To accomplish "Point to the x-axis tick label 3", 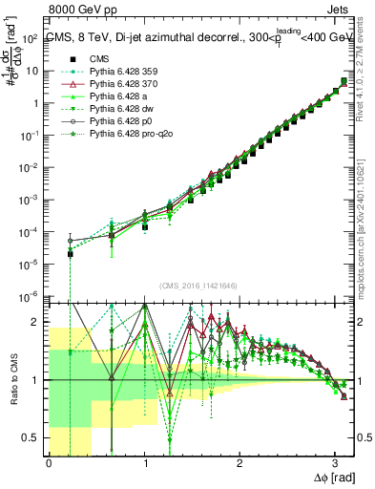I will [335, 463].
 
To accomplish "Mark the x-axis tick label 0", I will [49, 463].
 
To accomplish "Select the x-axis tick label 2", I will [240, 463].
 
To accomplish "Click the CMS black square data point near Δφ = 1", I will [144, 227].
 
